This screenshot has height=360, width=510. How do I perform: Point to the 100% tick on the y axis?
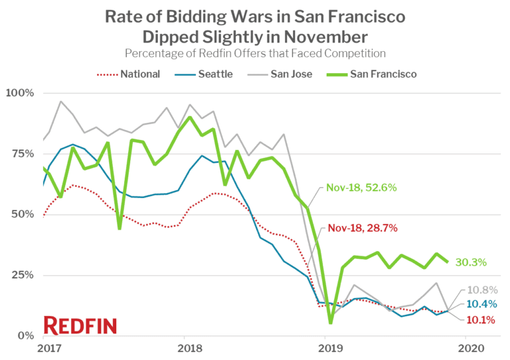click(19, 92)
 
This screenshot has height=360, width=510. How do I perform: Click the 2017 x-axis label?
click(44, 348)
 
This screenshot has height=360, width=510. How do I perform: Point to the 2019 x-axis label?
click(326, 348)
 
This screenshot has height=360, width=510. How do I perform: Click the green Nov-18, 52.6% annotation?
click(362, 188)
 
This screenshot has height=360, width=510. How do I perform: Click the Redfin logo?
click(80, 325)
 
